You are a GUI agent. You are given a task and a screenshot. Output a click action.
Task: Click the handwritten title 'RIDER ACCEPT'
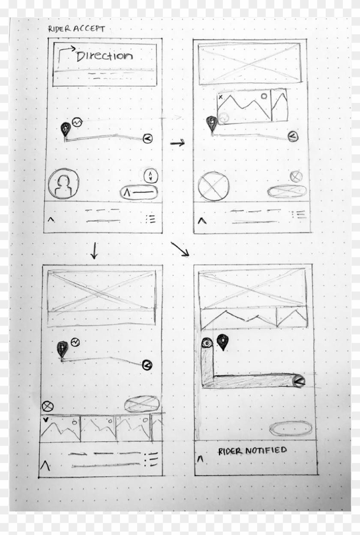pyautogui.click(x=76, y=29)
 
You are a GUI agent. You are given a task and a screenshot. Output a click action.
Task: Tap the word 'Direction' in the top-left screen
pyautogui.click(x=104, y=56)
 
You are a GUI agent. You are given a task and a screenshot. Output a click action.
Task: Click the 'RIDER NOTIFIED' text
pyautogui.click(x=252, y=451)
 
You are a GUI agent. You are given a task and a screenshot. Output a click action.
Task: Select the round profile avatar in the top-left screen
pyautogui.click(x=63, y=183)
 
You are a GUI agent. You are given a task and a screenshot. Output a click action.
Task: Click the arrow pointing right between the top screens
pyautogui.click(x=177, y=144)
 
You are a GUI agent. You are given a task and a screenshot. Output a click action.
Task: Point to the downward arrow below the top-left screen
pyautogui.click(x=94, y=250)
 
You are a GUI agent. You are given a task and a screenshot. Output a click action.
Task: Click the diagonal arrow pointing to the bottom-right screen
pyautogui.click(x=180, y=249)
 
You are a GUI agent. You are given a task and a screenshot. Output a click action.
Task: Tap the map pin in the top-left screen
pyautogui.click(x=65, y=129)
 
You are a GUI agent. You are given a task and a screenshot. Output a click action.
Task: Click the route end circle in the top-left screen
pyautogui.click(x=147, y=138)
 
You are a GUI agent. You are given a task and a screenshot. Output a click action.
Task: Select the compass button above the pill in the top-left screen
pyautogui.click(x=150, y=175)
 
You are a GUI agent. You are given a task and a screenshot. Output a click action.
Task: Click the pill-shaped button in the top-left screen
pyautogui.click(x=139, y=193)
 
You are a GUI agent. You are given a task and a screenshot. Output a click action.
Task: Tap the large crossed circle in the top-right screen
pyautogui.click(x=213, y=186)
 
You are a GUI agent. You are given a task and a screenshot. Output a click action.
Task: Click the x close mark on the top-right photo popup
pyautogui.click(x=220, y=97)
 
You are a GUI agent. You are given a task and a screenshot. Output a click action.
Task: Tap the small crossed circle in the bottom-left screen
pyautogui.click(x=46, y=406)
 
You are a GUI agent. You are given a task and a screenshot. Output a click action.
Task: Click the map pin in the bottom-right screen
pyautogui.click(x=222, y=342)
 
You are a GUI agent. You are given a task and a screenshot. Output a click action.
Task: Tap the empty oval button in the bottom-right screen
pyautogui.click(x=291, y=428)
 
